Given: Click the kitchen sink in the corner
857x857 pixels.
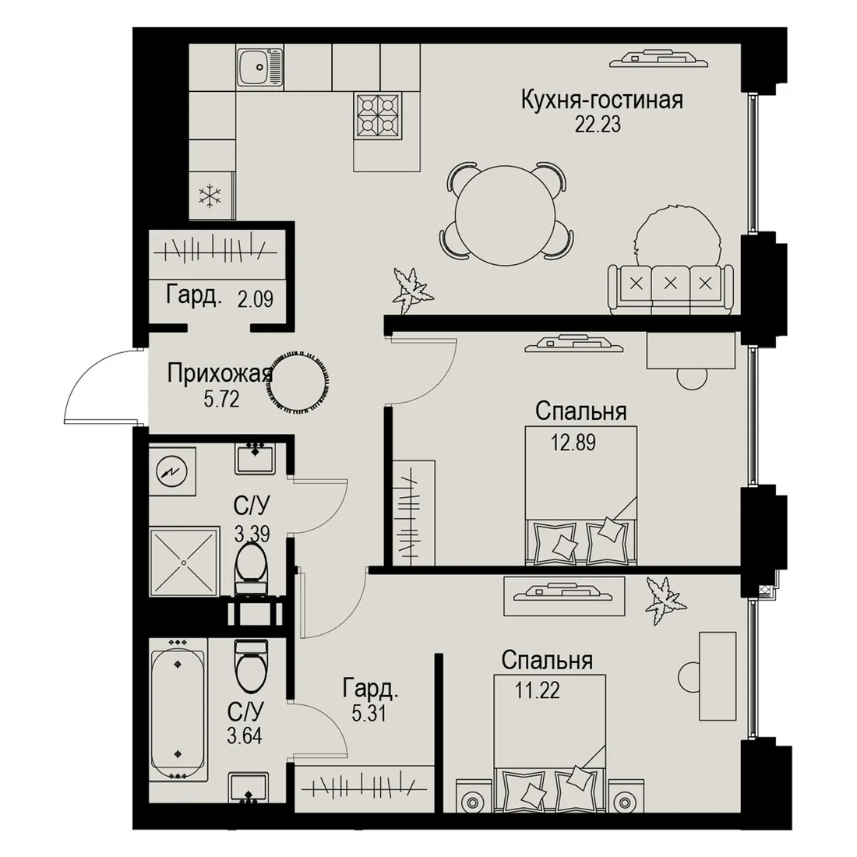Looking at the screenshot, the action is tap(260, 65).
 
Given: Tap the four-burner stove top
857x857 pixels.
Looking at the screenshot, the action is tap(378, 115).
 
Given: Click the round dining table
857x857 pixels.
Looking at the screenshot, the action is tap(506, 211).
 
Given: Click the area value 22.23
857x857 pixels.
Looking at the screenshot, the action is tap(598, 125).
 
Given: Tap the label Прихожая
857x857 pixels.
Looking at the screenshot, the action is tap(220, 375).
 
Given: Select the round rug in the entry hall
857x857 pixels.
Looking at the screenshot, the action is tap(298, 378).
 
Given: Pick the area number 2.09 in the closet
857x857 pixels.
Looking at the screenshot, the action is tap(256, 299).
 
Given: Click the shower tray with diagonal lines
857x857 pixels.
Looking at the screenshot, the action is tap(183, 562).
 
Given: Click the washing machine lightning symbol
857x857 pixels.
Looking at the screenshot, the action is tap(171, 471).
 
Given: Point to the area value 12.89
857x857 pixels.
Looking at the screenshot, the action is tap(573, 443).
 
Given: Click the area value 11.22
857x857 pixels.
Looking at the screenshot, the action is tap(538, 691).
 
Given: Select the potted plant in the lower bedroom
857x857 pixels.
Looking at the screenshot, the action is tap(665, 600).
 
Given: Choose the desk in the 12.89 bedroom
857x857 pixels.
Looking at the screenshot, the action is tap(691, 351).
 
